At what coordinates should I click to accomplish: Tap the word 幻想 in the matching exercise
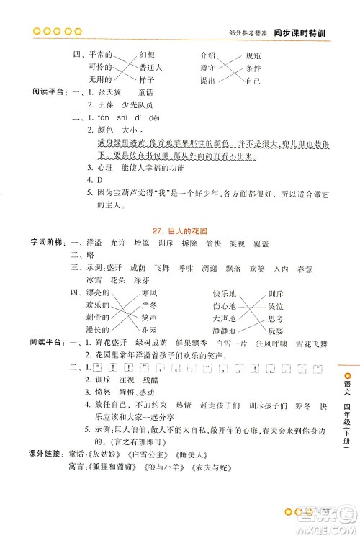point(147,55)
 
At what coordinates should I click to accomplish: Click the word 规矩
point(253,55)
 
